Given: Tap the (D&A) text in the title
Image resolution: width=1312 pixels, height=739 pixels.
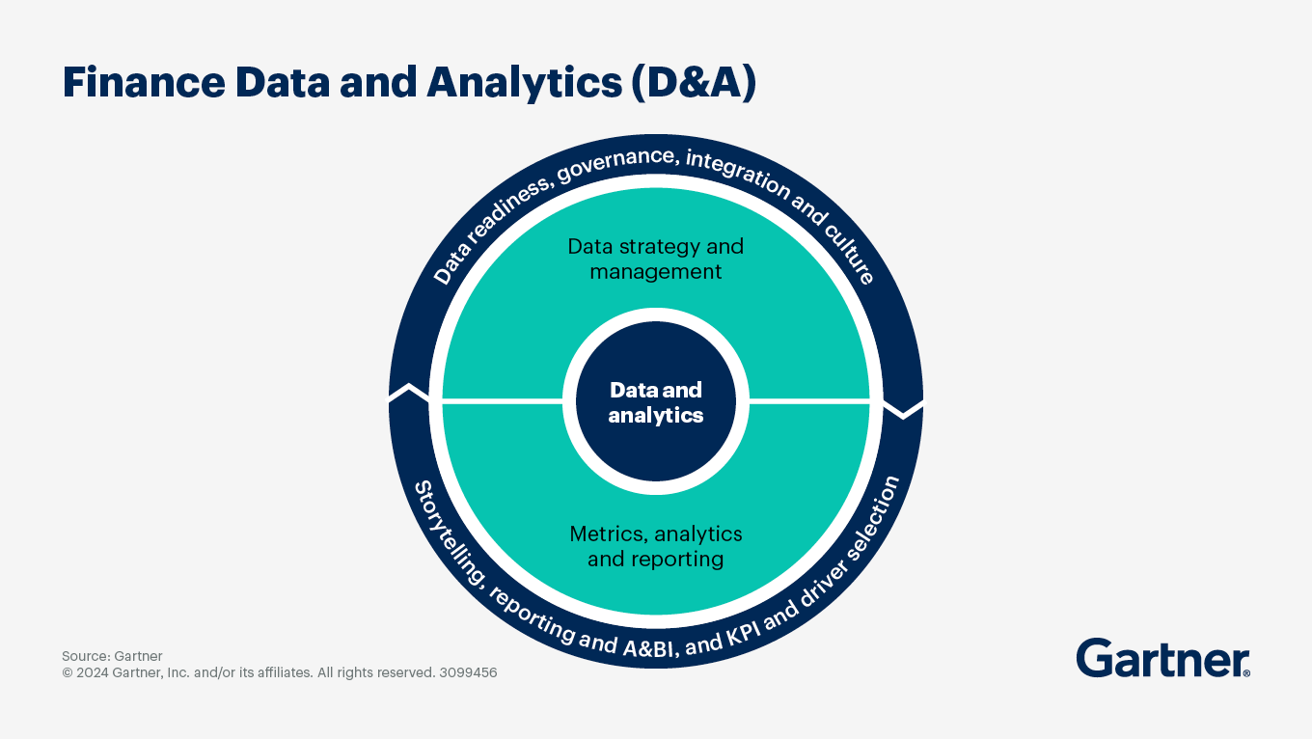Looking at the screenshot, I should [694, 83].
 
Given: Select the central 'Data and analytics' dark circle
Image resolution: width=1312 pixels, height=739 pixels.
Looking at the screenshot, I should [656, 402].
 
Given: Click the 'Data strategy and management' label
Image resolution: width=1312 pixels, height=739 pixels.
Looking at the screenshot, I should [656, 259].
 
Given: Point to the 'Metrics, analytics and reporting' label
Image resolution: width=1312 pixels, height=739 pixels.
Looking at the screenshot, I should [656, 546].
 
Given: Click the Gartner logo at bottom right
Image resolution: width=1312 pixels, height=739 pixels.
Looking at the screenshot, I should [1162, 659].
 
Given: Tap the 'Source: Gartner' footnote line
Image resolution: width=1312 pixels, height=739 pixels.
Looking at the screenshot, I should [112, 656].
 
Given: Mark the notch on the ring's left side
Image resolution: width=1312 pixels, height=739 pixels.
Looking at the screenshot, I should [409, 393].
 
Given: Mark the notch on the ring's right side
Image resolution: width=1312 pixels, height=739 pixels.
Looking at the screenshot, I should [904, 411].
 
